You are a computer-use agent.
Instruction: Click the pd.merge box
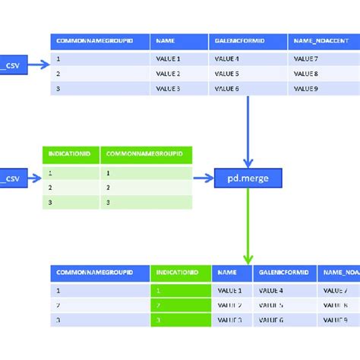(248, 178)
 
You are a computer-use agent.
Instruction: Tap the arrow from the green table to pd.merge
(204, 178)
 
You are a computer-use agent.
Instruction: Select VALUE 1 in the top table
(169, 58)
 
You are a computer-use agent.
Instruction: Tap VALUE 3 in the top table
(169, 88)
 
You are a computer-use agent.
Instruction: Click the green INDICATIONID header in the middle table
(71, 154)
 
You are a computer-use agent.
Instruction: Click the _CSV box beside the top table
(12, 66)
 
